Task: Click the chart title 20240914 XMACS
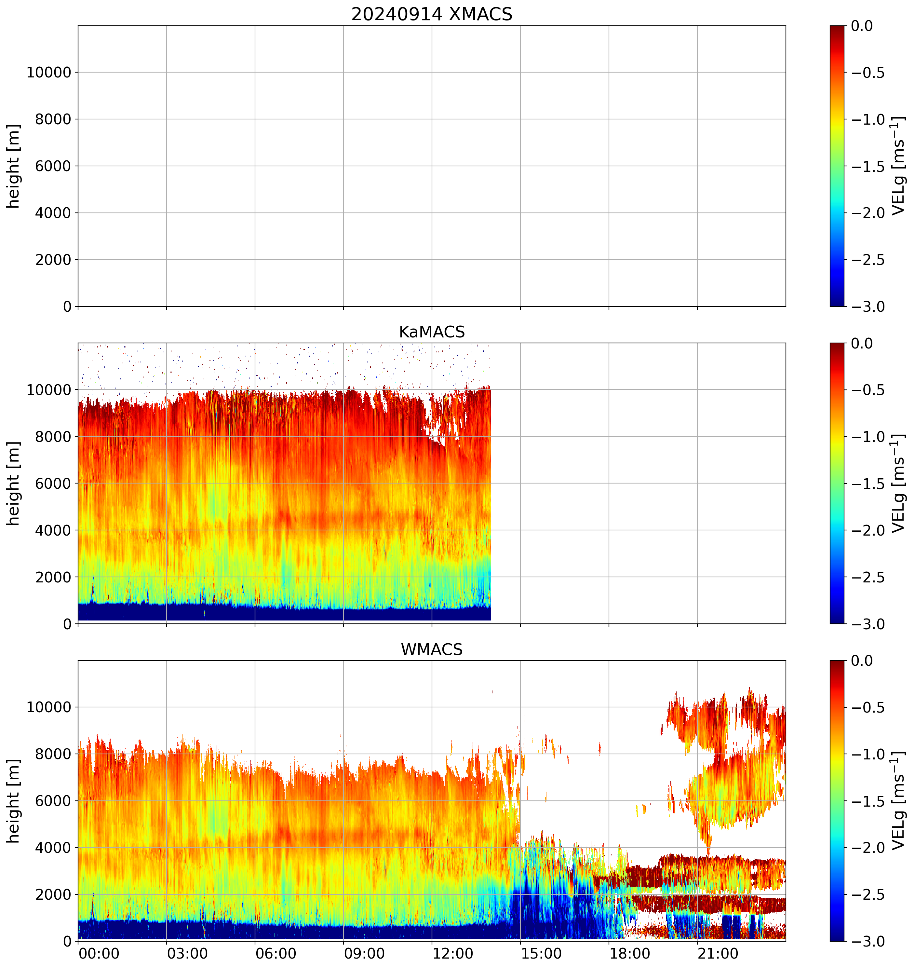pyautogui.click(x=432, y=14)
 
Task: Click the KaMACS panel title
pyautogui.click(x=432, y=332)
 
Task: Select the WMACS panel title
pyautogui.click(x=432, y=649)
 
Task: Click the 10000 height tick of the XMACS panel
pyautogui.click(x=49, y=73)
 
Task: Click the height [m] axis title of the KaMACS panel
pyautogui.click(x=14, y=483)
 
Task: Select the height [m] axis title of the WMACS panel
pyautogui.click(x=14, y=801)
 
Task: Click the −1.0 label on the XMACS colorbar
pyautogui.click(x=868, y=119)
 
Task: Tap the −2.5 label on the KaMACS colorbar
pyautogui.click(x=868, y=577)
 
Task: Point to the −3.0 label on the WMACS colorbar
pyautogui.click(x=868, y=942)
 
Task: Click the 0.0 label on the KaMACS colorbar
pyautogui.click(x=862, y=344)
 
